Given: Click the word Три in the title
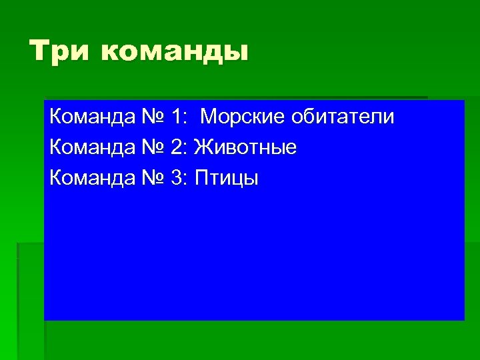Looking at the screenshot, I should [59, 52].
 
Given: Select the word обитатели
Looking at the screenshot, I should [343, 117].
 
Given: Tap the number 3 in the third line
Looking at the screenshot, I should [177, 179].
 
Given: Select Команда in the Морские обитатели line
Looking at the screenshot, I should [91, 117].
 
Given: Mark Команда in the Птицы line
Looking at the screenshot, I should [91, 179].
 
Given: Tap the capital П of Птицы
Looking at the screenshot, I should [201, 179].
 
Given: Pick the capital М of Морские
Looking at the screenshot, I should [208, 117].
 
